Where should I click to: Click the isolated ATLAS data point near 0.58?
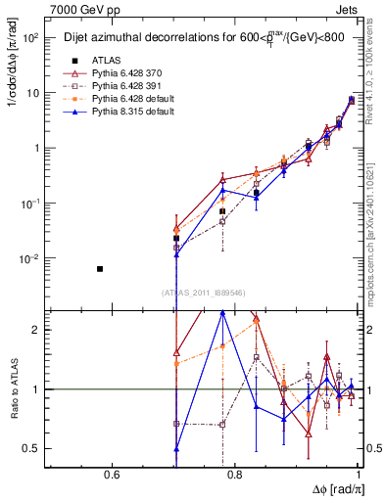click(x=100, y=268)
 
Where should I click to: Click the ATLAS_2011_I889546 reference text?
click(x=204, y=292)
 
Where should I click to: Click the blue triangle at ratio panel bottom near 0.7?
click(x=176, y=449)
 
